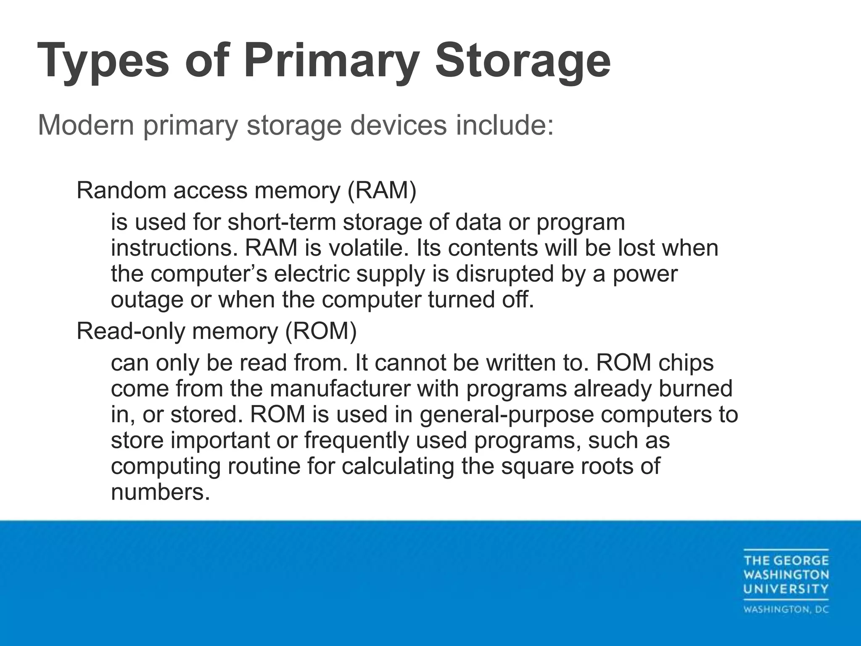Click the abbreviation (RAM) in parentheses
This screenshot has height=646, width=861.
pyautogui.click(x=382, y=191)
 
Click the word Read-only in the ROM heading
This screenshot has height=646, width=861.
pyautogui.click(x=131, y=331)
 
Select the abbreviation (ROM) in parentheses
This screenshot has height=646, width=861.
pyautogui.click(x=321, y=331)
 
